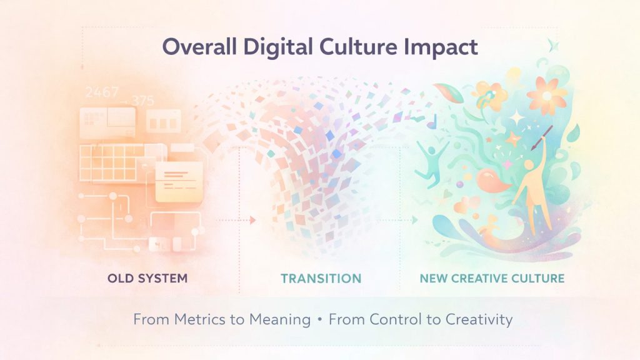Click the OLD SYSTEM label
pos(147,278)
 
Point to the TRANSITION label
pos(321,278)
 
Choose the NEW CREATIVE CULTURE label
pos(492,278)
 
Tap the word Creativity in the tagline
pos(479,320)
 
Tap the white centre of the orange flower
pos(546,96)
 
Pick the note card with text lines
pos(179,181)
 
